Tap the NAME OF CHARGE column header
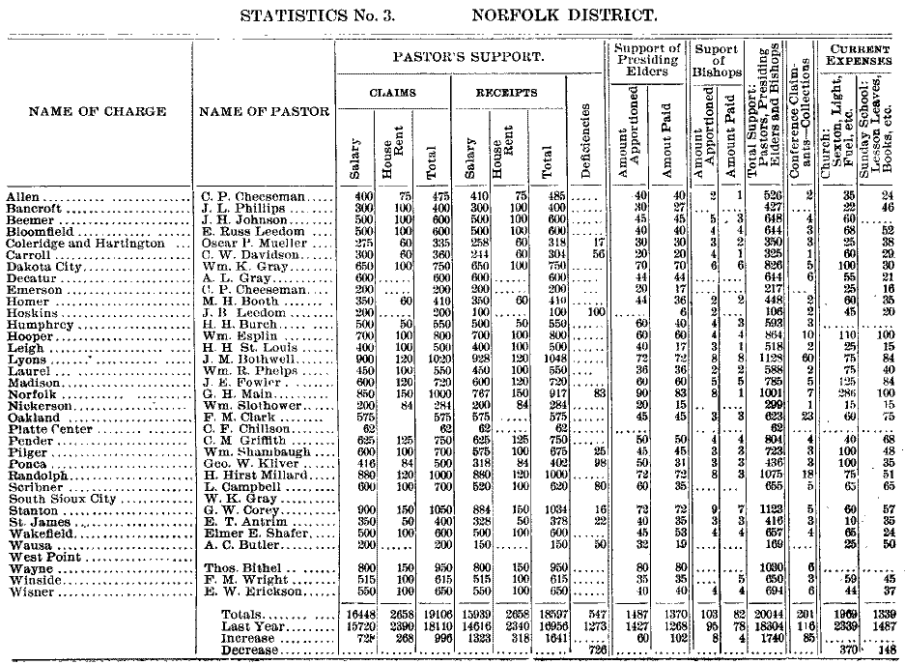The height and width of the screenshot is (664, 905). click(x=98, y=111)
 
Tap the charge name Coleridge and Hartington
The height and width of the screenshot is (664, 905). click(x=85, y=244)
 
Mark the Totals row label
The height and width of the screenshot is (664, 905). click(x=243, y=614)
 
